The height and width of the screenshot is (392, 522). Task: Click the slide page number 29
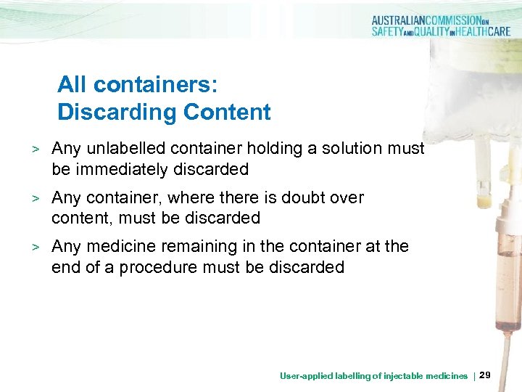click(x=486, y=375)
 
